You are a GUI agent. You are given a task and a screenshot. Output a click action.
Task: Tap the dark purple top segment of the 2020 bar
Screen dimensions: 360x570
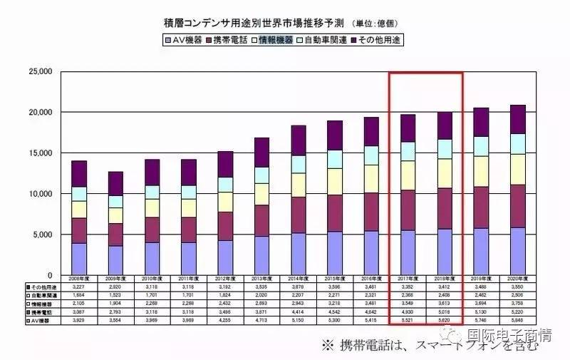[528, 119]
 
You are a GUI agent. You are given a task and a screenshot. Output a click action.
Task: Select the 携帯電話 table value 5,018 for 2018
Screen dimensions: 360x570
[443, 314]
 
